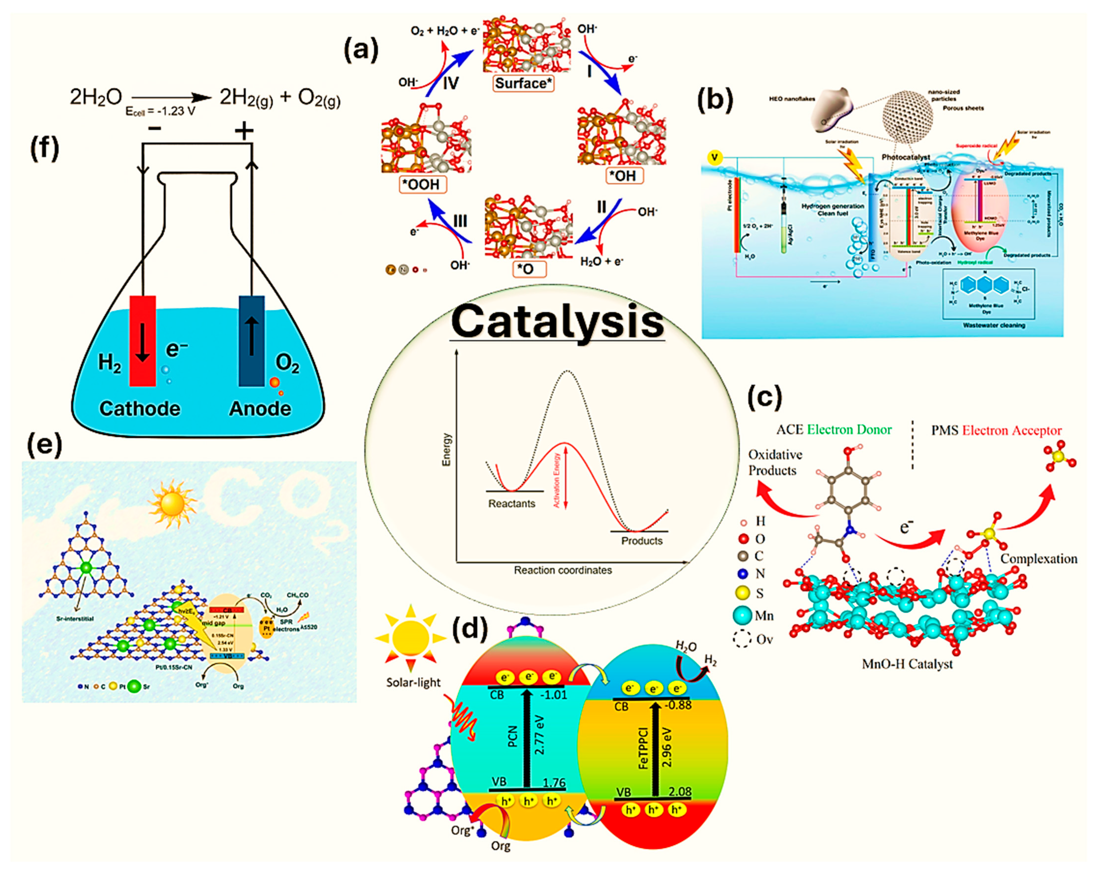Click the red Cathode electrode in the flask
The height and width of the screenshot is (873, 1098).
pos(143,341)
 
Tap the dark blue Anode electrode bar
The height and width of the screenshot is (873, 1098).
pos(252,341)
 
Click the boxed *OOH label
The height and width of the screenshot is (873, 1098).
pos(423,184)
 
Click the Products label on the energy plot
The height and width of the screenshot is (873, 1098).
pos(641,540)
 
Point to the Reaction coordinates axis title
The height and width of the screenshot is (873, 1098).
pos(563,570)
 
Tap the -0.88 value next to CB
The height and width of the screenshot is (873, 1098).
pos(677,705)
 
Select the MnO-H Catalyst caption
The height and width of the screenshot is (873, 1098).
pos(907,664)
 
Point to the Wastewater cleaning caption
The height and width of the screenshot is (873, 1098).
pos(994,325)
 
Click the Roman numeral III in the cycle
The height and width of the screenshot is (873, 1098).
pos(460,221)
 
